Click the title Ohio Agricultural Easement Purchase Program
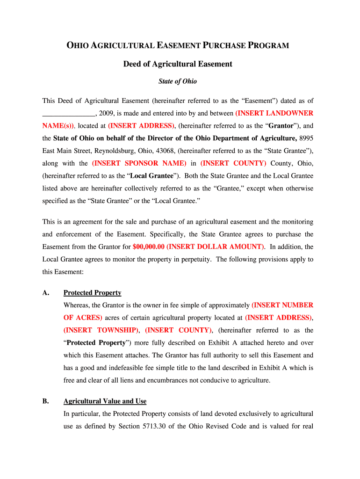[178, 46]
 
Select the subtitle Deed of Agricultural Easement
[178, 64]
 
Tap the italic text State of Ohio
[178, 81]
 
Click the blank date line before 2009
[69, 113]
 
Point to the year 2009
[107, 113]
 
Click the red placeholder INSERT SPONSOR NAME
[139, 163]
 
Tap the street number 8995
[306, 138]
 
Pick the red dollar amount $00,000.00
[148, 247]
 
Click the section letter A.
[45, 293]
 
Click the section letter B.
[45, 401]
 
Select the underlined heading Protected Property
[92, 293]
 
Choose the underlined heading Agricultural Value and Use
[105, 401]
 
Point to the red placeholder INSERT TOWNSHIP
[101, 330]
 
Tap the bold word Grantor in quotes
[281, 126]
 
